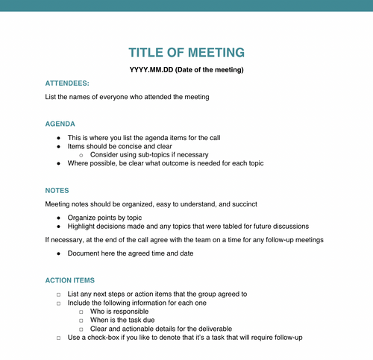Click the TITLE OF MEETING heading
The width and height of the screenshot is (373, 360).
(186, 52)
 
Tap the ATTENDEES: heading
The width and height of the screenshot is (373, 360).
(67, 83)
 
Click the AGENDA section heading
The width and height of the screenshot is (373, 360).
(60, 124)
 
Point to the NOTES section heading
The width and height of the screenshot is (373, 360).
(57, 191)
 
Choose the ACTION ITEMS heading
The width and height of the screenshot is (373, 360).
(70, 280)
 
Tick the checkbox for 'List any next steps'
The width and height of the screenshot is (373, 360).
(59, 294)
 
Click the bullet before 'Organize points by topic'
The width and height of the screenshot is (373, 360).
(59, 218)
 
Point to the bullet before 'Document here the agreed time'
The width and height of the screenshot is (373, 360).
(59, 253)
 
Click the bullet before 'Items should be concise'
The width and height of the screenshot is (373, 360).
(59, 146)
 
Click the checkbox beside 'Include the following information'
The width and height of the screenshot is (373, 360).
(59, 303)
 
